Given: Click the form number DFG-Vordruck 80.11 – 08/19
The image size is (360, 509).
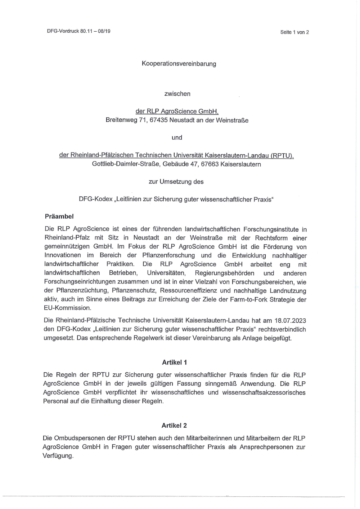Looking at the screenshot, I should [78, 31].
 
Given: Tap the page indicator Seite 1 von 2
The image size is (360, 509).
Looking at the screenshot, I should [294, 32].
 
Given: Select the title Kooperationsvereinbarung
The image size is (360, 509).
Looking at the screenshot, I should [179, 64].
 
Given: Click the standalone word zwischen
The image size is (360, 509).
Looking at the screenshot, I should [177, 94].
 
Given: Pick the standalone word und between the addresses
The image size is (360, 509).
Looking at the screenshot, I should [177, 137].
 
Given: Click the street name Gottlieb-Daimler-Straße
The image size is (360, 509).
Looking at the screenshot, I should [126, 164].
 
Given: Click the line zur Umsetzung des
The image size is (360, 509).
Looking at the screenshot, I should [176, 182].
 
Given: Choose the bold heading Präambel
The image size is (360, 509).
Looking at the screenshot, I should [59, 217].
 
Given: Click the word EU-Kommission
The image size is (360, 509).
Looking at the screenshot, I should [68, 308].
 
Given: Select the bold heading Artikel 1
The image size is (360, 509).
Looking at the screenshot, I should [174, 363].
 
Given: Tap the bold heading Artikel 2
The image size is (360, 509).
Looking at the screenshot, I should [174, 426].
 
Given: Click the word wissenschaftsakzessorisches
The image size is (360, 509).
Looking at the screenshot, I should [264, 392].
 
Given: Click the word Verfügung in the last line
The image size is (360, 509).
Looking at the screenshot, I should [58, 456].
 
